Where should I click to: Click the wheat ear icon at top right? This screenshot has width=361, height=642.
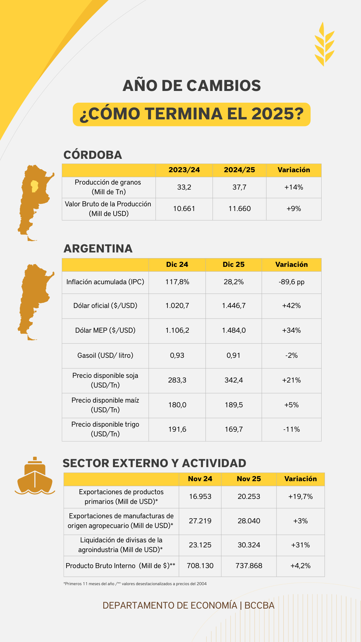click(324, 44)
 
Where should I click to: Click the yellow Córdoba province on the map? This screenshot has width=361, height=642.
click(34, 186)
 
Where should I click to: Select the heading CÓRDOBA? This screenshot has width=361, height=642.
click(93, 155)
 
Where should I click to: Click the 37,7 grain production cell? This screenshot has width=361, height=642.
click(239, 187)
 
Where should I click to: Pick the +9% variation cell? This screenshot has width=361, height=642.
click(293, 209)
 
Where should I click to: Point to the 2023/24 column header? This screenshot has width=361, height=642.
click(184, 170)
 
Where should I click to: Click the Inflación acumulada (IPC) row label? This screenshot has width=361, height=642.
click(105, 282)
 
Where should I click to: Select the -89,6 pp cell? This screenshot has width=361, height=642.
click(291, 282)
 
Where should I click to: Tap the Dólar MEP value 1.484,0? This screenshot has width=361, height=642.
click(234, 330)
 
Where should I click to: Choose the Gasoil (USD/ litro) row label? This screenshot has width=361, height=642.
click(105, 355)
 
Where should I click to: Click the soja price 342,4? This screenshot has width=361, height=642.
click(234, 380)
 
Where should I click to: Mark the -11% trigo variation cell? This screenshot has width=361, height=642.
click(291, 429)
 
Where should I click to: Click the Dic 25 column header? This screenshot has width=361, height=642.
click(234, 264)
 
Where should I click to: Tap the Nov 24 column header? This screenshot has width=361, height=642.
click(200, 479)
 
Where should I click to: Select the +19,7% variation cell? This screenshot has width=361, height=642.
click(300, 497)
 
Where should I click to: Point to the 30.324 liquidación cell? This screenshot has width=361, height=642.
click(249, 545)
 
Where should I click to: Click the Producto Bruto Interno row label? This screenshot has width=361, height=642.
click(120, 566)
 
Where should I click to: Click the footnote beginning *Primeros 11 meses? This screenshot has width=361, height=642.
click(135, 584)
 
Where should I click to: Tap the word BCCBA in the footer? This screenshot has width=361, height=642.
click(259, 606)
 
